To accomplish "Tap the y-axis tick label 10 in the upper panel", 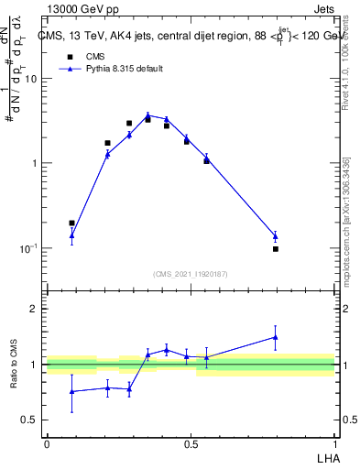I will click(30, 79).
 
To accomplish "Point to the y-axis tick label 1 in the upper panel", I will click(35, 163).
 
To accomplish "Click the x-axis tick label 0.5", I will click(191, 444).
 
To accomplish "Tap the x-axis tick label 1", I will click(335, 444).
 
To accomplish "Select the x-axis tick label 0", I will click(47, 444).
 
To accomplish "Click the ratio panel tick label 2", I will click(35, 309).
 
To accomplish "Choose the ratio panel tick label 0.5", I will click(30, 420).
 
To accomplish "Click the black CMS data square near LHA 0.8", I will click(275, 248).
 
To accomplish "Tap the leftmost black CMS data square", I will click(71, 223).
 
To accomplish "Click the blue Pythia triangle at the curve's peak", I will click(147, 115).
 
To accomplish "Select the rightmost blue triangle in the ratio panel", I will click(275, 337).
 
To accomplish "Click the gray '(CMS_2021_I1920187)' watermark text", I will click(191, 273).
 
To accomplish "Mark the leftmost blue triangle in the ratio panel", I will click(71, 391).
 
